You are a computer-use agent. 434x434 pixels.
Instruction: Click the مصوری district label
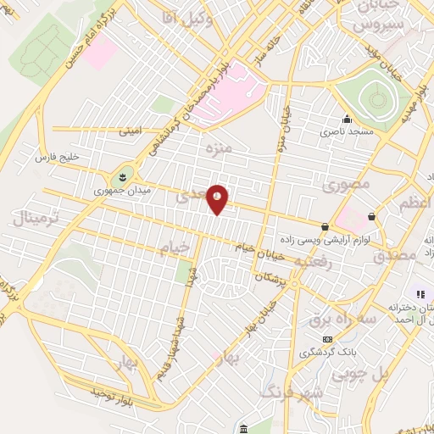[x=348, y=182]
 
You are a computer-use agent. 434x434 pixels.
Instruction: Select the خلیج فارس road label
[x=56, y=158]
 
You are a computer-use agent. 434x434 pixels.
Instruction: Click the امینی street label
[x=132, y=131]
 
